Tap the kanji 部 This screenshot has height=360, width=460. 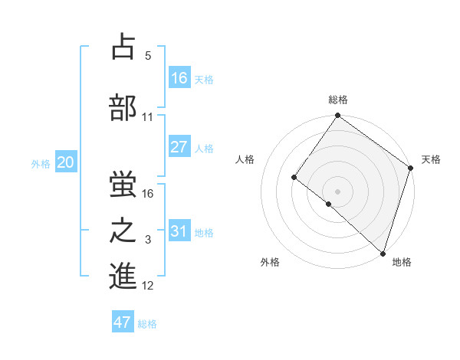tap(123, 107)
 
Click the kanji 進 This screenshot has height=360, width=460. tap(123, 277)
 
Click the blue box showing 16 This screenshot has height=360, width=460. tap(179, 77)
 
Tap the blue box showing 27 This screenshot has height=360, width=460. tap(179, 147)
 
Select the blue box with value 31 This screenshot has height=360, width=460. tap(179, 231)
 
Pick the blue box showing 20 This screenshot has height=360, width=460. tap(66, 162)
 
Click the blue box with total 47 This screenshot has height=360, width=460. tap(123, 322)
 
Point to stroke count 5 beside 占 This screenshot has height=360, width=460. tap(148, 56)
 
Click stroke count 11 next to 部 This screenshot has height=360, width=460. tap(147, 117)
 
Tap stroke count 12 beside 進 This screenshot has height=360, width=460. tap(148, 286)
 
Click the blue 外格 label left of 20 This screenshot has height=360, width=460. tap(40, 163)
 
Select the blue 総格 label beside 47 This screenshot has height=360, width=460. tap(147, 324)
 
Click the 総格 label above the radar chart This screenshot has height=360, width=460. tap(337, 100)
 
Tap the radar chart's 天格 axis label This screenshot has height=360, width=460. tap(431, 159)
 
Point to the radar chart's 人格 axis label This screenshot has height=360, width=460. tap(245, 159)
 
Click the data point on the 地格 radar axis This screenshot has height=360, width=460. tap(383, 253)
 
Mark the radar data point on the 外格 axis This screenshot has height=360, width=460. tap(329, 204)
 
